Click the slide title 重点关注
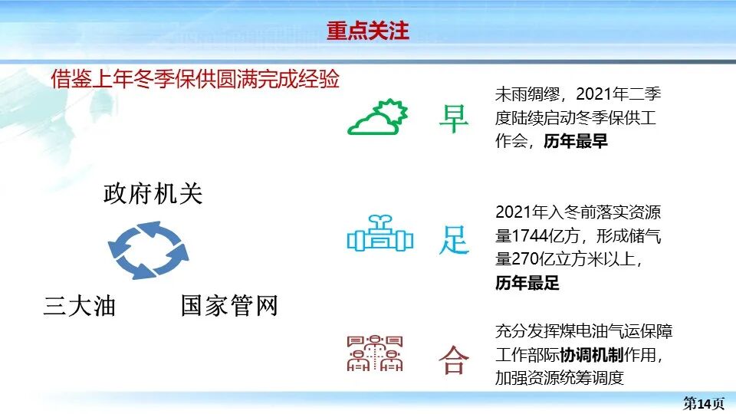coord(368,31)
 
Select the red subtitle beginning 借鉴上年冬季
coord(195,79)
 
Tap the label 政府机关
coord(153,194)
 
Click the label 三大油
coord(79,307)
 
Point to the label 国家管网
coord(229,306)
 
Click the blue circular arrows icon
coord(148,249)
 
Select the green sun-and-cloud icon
coord(376,118)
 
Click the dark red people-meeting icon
coord(376,353)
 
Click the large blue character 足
coord(453,239)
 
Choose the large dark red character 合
coord(453,359)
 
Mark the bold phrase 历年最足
coord(527,283)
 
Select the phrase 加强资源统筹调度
coord(560,378)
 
